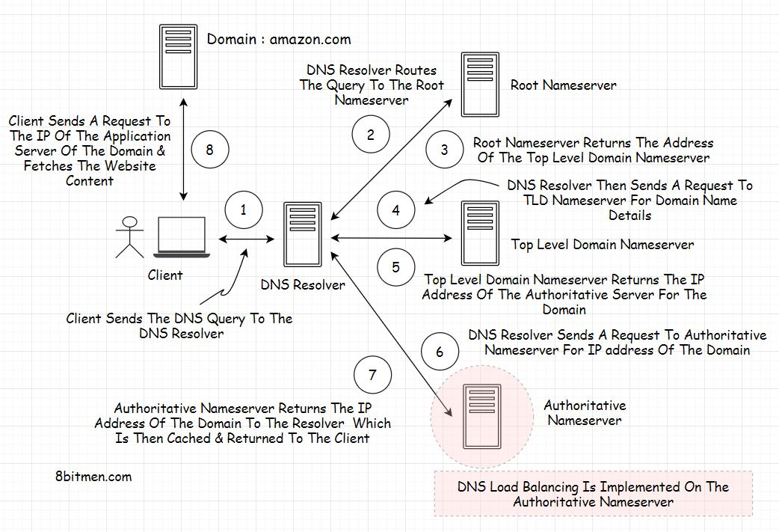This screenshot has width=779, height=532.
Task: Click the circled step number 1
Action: (243, 210)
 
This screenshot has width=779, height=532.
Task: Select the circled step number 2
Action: (370, 135)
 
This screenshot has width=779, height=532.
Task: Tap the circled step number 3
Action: (444, 150)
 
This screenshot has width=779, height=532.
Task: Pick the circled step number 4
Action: (395, 210)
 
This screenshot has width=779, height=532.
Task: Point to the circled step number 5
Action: (395, 267)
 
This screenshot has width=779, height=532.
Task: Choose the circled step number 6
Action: (440, 352)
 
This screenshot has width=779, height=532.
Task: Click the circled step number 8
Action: (209, 150)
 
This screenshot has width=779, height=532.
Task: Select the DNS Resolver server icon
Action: (303, 233)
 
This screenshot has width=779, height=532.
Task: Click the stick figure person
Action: (131, 236)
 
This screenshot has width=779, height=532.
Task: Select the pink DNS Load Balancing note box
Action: (593, 494)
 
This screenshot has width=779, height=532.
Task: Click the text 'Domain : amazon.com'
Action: (279, 40)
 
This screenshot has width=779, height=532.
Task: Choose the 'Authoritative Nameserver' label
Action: (585, 412)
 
